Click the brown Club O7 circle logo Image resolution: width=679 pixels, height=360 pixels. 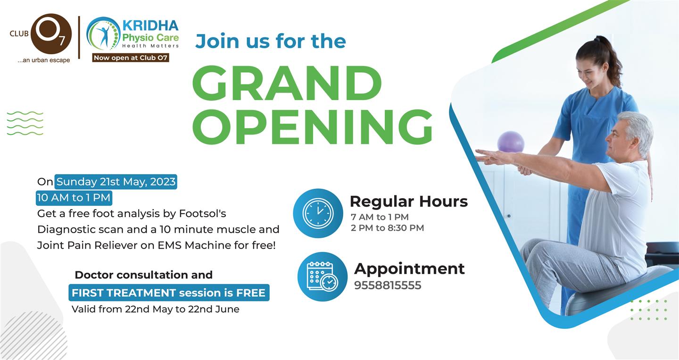51,33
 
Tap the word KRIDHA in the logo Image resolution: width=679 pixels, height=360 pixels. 150,25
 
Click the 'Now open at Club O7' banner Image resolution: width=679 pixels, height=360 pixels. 131,58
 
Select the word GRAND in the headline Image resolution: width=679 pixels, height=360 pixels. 287,83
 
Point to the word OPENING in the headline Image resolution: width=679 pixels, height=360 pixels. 312,127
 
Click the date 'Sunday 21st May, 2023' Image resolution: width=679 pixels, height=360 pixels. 116,182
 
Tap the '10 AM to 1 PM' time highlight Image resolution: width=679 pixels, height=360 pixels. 74,198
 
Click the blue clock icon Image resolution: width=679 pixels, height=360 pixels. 318,213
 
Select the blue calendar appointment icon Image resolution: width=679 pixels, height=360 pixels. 322,276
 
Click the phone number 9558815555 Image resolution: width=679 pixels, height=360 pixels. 388,285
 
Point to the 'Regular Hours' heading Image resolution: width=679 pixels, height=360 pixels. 409,201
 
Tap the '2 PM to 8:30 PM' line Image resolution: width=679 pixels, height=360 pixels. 388,228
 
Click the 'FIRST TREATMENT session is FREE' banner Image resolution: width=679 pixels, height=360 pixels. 169,293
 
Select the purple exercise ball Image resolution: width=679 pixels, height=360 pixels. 511,142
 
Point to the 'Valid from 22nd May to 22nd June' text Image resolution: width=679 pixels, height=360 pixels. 156,309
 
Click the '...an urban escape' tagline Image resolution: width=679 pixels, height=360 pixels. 44,60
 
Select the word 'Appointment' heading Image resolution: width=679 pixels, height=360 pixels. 409,269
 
